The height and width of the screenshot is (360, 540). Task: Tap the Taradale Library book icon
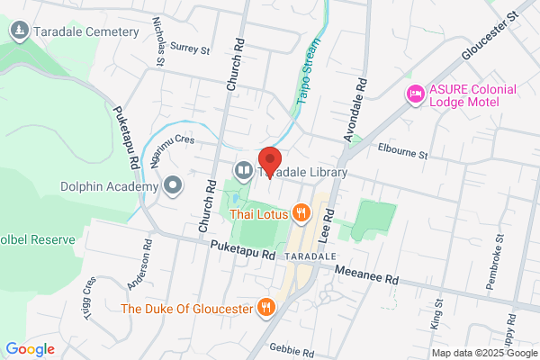pyautogui.click(x=244, y=170)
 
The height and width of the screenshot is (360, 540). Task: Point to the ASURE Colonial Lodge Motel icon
pyautogui.click(x=415, y=93)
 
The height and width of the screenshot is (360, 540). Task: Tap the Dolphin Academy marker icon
pyautogui.click(x=174, y=186)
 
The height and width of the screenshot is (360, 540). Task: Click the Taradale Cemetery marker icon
pyautogui.click(x=19, y=32)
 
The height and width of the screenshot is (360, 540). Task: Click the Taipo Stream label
pyautogui.click(x=309, y=67)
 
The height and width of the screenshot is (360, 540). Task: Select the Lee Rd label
pyautogui.click(x=329, y=222)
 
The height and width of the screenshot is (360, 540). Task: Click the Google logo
pyautogui.click(x=30, y=348)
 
